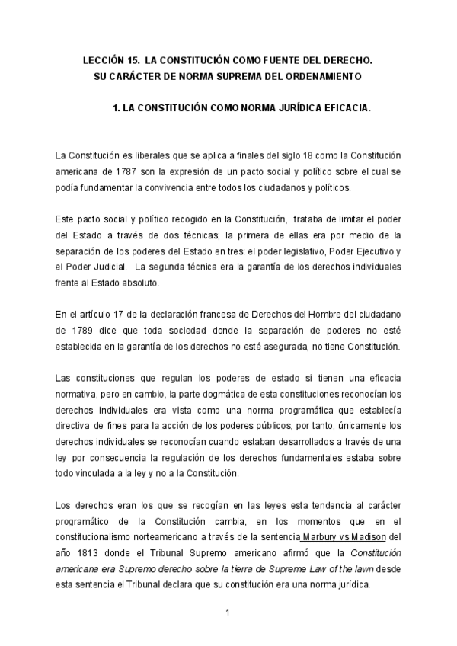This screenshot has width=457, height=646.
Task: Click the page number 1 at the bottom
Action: (x=228, y=612)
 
